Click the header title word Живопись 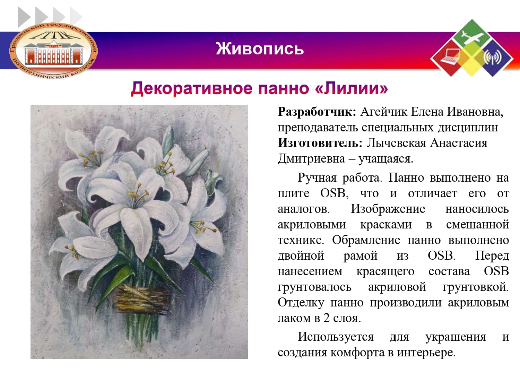tap(260, 49)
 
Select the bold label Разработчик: tap(317, 112)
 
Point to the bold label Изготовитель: tap(320, 143)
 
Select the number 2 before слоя tap(327, 318)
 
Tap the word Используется tap(336, 337)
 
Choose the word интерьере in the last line tap(426, 353)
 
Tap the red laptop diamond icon tap(449, 58)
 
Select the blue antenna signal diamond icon tap(494, 58)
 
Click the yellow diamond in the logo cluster tap(472, 58)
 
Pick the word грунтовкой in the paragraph tap(476, 287)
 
